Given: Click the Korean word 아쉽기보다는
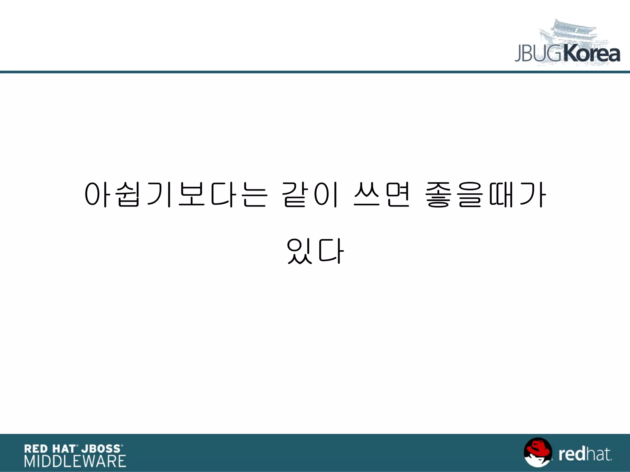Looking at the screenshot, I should click(x=175, y=195).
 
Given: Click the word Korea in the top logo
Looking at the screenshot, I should click(x=592, y=55).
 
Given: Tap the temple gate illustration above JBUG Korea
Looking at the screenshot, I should click(x=572, y=34).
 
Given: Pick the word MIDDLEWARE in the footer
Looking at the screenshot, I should click(x=75, y=461).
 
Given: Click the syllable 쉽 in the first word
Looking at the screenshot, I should click(x=129, y=195).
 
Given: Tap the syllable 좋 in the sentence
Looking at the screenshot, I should click(x=438, y=195).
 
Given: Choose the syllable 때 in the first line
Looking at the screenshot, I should click(x=501, y=195).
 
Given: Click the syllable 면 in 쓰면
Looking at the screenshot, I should click(x=398, y=195).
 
